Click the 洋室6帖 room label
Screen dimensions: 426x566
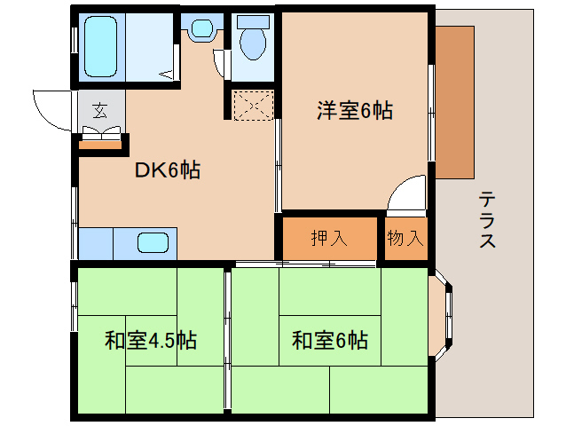[355, 111]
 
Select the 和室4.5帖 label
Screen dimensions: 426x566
[150, 340]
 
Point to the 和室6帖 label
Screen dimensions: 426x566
[329, 340]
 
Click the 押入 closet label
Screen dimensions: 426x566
[330, 238]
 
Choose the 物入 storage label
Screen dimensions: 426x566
[405, 238]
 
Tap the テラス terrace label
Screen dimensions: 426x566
[486, 219]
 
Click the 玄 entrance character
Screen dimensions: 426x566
[99, 111]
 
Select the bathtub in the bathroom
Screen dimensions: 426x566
[103, 46]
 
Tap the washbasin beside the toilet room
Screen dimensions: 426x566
[203, 29]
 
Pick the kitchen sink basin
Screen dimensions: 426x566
[153, 242]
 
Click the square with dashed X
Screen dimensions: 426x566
[252, 106]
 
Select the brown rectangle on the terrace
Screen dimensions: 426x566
[454, 102]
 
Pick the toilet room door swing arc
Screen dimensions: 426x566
[222, 64]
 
